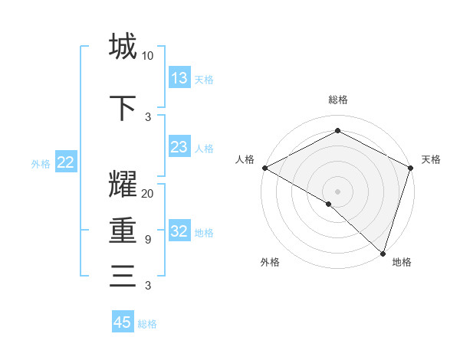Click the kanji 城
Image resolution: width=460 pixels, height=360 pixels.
(123, 46)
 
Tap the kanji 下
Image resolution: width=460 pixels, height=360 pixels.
(123, 107)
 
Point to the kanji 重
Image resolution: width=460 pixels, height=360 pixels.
(123, 230)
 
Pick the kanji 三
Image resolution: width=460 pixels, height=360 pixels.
(123, 276)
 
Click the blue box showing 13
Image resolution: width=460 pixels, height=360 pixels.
(179, 78)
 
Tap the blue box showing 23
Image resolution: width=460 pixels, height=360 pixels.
(179, 147)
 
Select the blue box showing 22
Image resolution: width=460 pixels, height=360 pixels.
(66, 162)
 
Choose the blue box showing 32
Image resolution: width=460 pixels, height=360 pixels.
(179, 232)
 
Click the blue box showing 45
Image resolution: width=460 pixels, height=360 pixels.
(123, 322)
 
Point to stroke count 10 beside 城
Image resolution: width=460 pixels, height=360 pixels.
(147, 56)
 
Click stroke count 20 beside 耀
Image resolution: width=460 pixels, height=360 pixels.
(147, 194)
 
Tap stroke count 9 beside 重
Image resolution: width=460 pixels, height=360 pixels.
(147, 240)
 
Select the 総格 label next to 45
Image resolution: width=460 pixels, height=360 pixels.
(148, 324)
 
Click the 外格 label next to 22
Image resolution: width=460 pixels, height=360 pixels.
(41, 163)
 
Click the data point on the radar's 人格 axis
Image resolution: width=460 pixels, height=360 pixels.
(264, 168)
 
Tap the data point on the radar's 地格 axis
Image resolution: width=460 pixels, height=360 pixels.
(382, 253)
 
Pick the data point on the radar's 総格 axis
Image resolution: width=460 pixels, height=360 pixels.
(337, 131)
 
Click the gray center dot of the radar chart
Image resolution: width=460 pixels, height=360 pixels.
(337, 191)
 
